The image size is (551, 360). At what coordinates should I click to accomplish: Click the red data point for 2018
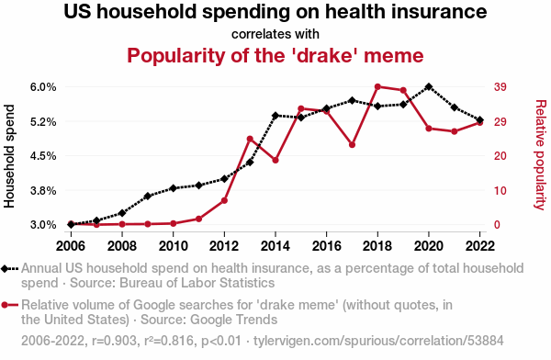[377, 86]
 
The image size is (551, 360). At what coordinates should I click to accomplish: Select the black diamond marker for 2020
[429, 86]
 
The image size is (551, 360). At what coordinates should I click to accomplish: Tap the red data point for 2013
[250, 140]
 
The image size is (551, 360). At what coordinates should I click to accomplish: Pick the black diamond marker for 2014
[275, 116]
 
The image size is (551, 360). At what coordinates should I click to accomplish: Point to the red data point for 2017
[352, 144]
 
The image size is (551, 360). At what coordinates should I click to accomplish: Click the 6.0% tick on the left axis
[43, 87]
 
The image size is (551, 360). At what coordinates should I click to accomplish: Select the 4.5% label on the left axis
[43, 156]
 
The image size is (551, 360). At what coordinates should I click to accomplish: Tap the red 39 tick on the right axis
[500, 87]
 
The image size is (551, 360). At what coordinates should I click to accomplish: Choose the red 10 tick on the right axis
[500, 190]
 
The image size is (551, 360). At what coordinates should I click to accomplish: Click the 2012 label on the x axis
[224, 246]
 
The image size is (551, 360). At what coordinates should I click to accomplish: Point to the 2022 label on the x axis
[480, 246]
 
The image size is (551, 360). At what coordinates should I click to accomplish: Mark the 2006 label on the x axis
[71, 246]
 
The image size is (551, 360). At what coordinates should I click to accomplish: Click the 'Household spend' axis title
[9, 156]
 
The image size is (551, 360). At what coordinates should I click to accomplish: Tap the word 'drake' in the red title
[324, 55]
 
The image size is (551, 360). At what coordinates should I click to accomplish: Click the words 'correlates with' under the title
[275, 34]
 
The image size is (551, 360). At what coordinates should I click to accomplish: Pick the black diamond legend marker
[5, 268]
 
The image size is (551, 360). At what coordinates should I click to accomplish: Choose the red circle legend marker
[5, 305]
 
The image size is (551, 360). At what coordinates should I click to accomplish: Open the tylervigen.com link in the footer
[378, 341]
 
